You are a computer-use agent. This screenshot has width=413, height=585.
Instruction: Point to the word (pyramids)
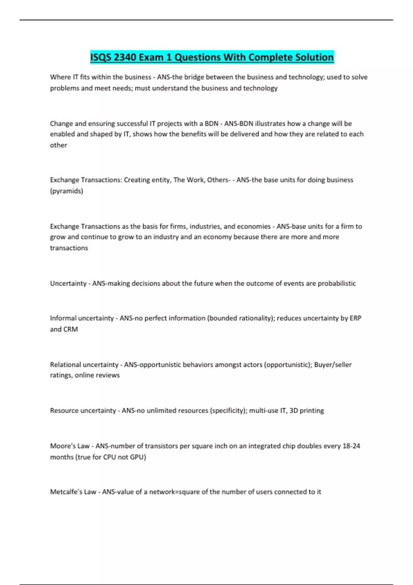[66, 191]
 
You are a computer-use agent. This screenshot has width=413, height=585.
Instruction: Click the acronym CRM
[71, 329]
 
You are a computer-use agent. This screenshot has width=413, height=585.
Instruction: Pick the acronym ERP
[356, 318]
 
